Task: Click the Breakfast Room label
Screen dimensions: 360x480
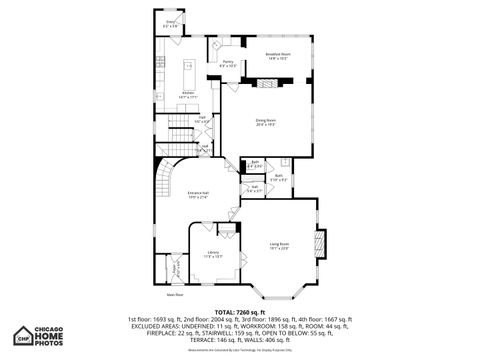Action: pos(277,56)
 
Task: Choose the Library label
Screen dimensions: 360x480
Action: pos(213,253)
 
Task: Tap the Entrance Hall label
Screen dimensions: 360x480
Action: pos(199,194)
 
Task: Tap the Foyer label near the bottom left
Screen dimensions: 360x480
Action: pos(176,267)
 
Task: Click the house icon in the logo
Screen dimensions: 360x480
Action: pos(22,337)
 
